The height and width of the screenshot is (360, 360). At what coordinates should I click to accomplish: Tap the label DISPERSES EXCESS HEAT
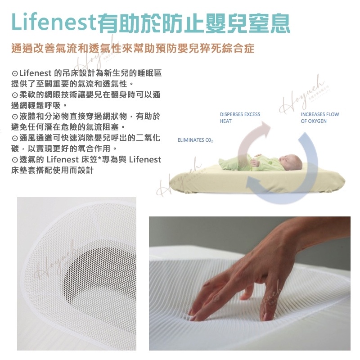pos(240,117)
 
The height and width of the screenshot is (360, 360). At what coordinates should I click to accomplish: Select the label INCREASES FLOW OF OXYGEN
pos(320,117)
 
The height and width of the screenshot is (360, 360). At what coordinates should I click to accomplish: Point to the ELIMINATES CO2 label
pos(195,140)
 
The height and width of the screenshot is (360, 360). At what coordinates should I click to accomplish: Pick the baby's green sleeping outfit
pos(250,163)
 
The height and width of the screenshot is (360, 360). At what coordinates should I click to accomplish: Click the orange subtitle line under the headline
pos(133,48)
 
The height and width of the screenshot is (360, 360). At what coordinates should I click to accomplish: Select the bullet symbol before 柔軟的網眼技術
pos(15,95)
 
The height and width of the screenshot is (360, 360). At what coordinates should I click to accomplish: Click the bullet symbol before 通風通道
pos(15,138)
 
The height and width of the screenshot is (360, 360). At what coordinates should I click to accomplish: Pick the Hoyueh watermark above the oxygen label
pos(302,94)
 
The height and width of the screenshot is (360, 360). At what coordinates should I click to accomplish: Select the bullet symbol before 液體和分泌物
pos(15,117)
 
